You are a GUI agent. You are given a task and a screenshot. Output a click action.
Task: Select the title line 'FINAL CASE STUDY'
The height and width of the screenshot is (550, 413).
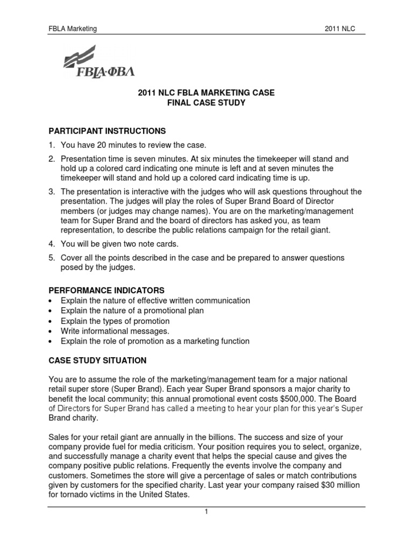point(206,103)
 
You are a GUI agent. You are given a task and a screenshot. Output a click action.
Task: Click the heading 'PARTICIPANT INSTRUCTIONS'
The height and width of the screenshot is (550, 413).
point(107,131)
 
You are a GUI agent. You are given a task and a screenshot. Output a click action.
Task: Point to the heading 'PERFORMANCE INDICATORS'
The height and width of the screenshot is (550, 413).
point(106,290)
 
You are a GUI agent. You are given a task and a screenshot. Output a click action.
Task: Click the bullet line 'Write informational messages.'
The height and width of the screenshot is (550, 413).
point(115,331)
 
